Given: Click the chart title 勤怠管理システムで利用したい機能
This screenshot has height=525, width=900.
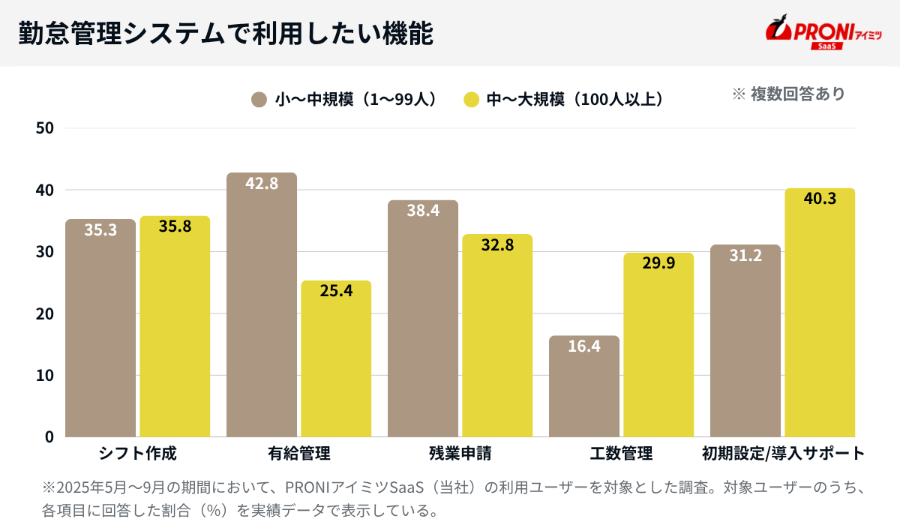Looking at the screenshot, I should point(225,33).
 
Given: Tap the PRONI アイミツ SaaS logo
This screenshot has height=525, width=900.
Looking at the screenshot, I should point(823,33).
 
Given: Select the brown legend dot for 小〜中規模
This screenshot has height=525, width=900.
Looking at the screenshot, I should point(259,99).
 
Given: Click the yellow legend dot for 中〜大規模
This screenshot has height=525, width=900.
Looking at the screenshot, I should point(471,99).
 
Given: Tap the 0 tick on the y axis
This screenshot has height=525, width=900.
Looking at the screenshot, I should point(49,436).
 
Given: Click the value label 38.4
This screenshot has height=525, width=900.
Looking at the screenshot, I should point(423,211).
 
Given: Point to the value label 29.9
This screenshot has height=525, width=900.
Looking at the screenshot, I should point(658,264).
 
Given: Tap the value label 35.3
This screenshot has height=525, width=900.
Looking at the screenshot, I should point(100,230).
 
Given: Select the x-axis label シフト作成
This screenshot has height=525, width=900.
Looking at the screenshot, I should point(137,454).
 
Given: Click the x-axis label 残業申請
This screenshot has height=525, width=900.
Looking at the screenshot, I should point(460,454).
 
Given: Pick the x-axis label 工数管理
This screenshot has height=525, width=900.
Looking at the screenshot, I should point(621,454).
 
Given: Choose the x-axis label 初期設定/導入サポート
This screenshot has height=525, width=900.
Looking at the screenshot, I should point(783,454).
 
